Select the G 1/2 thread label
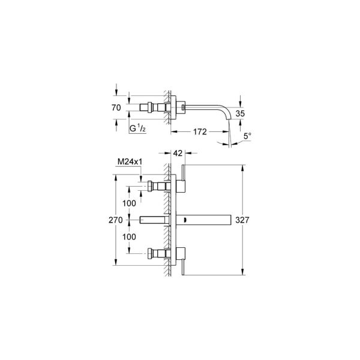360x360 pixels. [x=137, y=128]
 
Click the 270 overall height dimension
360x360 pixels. [x=116, y=220]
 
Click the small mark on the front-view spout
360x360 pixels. [x=187, y=221]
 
